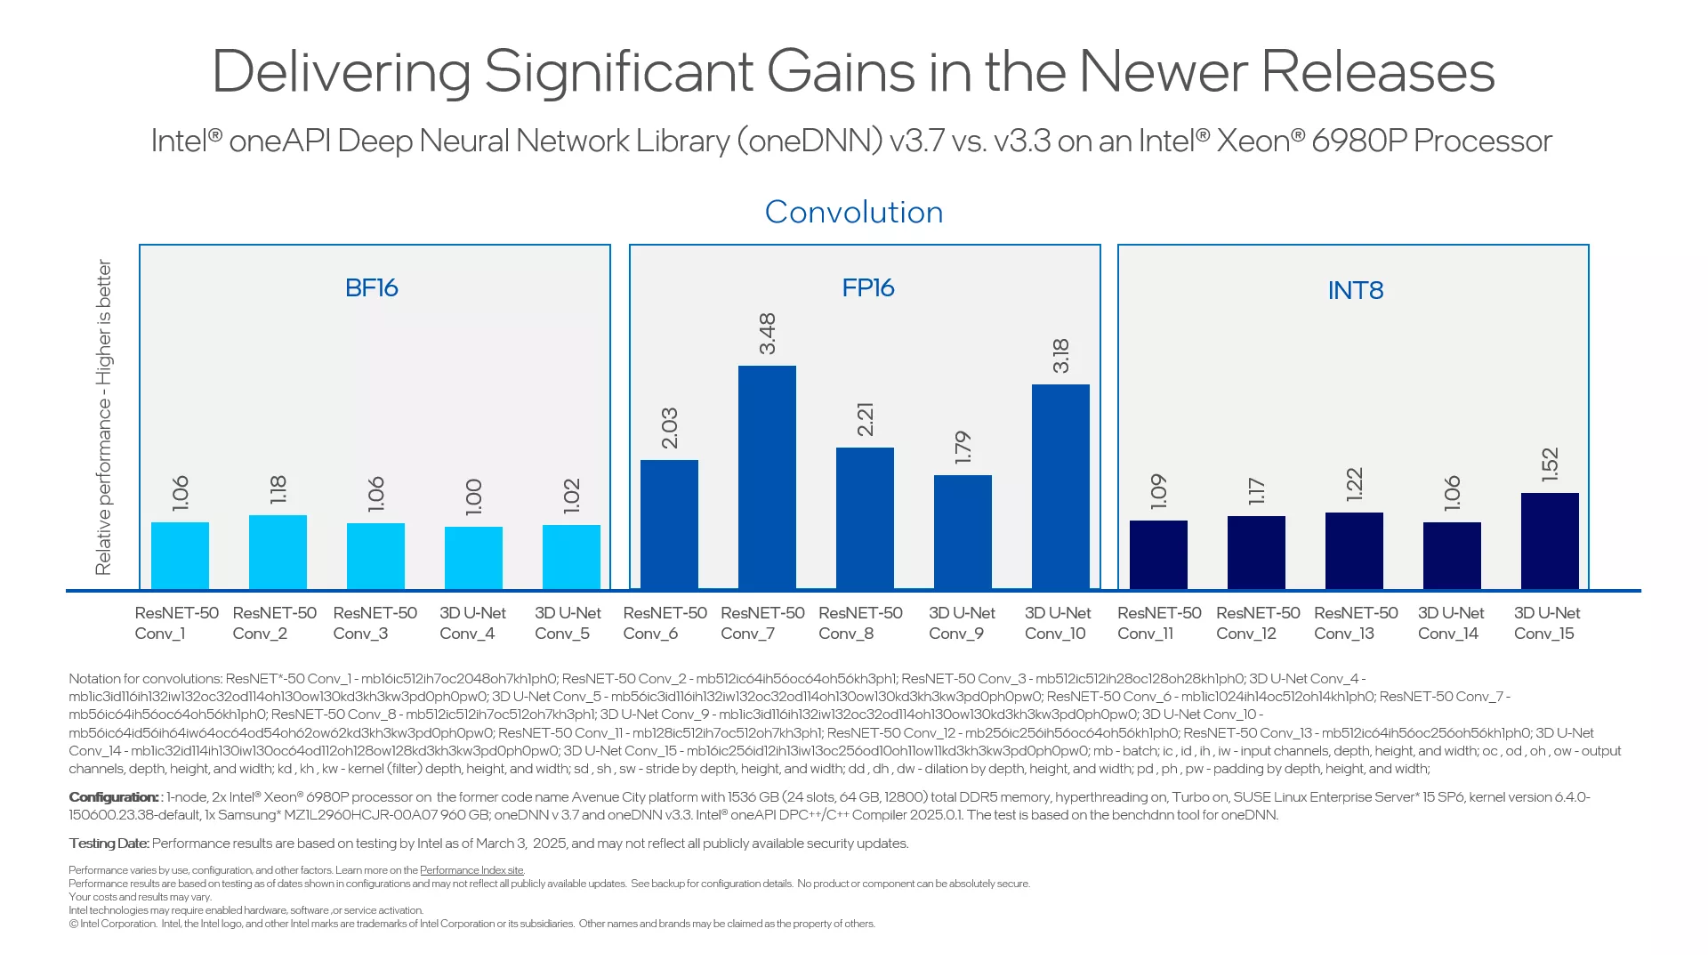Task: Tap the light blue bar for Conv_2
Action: (278, 552)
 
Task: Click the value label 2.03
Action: (670, 428)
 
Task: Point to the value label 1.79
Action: (963, 448)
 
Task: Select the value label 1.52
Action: (1550, 464)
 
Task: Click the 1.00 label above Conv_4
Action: (473, 497)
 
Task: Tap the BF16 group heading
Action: (371, 288)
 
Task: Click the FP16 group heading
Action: (867, 288)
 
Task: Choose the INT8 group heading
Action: (1355, 291)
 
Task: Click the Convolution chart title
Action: (854, 213)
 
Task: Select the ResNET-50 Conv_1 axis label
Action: (176, 623)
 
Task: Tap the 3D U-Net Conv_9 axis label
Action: (962, 623)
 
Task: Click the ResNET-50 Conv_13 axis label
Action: (1356, 623)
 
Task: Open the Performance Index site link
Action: (471, 870)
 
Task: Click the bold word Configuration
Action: (113, 797)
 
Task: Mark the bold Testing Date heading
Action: (109, 844)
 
